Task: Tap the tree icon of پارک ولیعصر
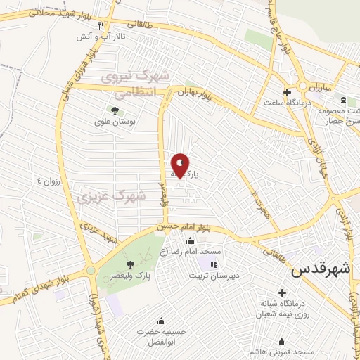[x=130, y=264]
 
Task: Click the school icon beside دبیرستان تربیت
[x=213, y=264]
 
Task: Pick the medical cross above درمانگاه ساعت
[x=287, y=92]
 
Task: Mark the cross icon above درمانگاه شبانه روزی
[x=283, y=292]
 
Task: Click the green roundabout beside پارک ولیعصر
[x=90, y=271]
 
